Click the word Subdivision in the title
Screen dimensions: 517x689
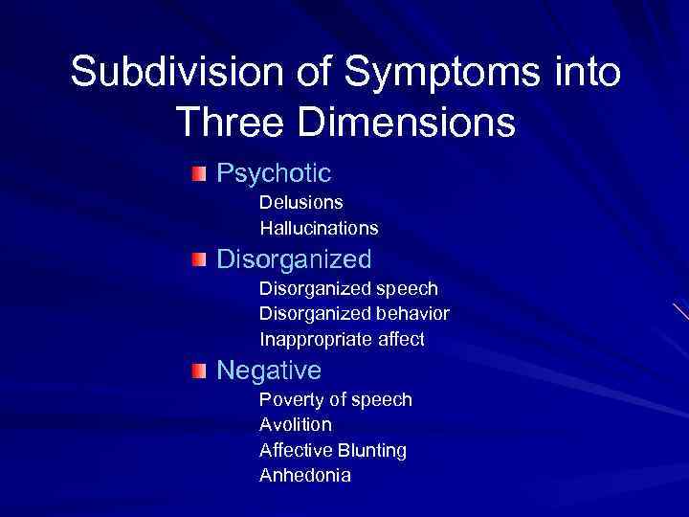pyautogui.click(x=157, y=74)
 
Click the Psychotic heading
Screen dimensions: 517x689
pyautogui.click(x=274, y=173)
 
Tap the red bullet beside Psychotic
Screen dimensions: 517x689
pyautogui.click(x=197, y=173)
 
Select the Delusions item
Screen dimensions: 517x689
pyautogui.click(x=301, y=203)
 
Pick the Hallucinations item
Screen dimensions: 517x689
pyautogui.click(x=319, y=229)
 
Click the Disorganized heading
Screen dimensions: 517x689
pyautogui.click(x=294, y=259)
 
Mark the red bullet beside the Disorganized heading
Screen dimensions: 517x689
pyautogui.click(x=197, y=259)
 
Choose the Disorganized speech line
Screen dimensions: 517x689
pyautogui.click(x=348, y=288)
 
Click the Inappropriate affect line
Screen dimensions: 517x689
pyautogui.click(x=342, y=340)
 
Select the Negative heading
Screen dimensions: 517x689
pyautogui.click(x=269, y=370)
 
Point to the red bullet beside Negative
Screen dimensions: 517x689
pyautogui.click(x=197, y=371)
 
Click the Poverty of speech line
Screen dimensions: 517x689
pyautogui.click(x=335, y=399)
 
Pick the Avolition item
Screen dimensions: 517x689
pyautogui.click(x=296, y=424)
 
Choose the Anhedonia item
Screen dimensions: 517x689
pyautogui.click(x=305, y=476)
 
